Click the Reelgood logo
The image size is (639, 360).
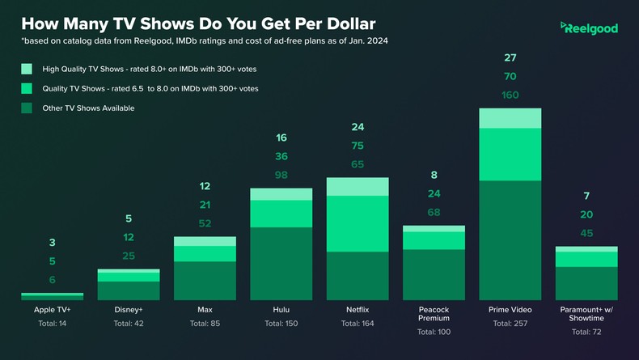pos(589,28)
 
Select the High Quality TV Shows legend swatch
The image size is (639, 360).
pos(27,69)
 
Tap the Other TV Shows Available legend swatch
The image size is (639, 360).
pos(27,108)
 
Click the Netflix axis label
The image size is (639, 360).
pos(358,310)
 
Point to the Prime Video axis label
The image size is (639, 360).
pos(510,310)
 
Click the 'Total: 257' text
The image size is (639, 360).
pos(510,324)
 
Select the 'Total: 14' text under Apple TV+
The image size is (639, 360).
pos(52,324)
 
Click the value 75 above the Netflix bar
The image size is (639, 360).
pos(358,146)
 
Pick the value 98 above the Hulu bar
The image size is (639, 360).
pos(281,175)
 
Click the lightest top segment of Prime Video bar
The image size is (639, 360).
pos(510,118)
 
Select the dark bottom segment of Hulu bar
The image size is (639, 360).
pos(281,264)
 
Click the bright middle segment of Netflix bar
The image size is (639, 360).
pos(358,223)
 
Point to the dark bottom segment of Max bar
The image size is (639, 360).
pos(205,281)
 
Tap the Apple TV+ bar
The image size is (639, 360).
pos(52,297)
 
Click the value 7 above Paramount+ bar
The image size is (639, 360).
pos(586,197)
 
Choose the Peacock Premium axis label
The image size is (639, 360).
pos(434,315)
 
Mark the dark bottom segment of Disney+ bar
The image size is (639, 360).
pos(129,290)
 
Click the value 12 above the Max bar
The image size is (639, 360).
pos(205,186)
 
